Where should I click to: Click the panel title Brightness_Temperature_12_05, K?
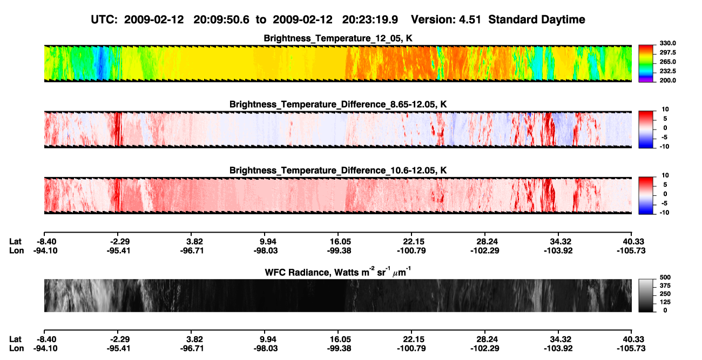click(338, 38)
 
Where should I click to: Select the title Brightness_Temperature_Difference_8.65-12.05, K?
click(338, 104)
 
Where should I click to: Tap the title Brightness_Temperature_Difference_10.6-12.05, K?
click(338, 171)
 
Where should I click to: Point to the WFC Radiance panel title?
click(338, 272)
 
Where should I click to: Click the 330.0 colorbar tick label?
click(667, 43)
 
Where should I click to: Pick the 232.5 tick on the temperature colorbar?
click(667, 71)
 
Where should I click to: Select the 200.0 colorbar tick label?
click(667, 80)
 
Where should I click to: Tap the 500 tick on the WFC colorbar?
click(665, 277)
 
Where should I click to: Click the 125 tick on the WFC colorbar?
click(665, 302)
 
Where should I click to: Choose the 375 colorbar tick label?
click(665, 286)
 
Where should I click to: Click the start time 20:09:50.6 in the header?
click(221, 20)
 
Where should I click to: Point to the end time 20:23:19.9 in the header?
click(370, 20)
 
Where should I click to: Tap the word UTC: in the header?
click(104, 20)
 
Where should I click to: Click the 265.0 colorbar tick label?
click(667, 62)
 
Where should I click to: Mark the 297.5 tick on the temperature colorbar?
click(667, 53)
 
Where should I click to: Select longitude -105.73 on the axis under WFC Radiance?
click(631, 349)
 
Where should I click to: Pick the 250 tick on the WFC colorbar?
click(665, 294)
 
